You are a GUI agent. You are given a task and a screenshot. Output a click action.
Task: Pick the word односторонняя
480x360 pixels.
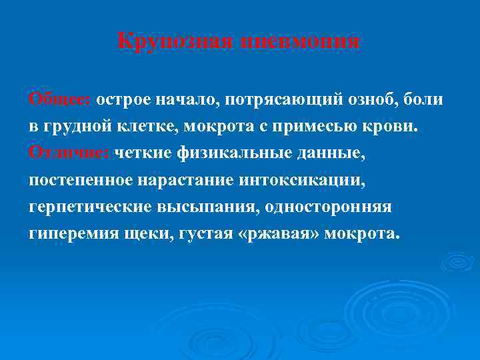tap(328, 207)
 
